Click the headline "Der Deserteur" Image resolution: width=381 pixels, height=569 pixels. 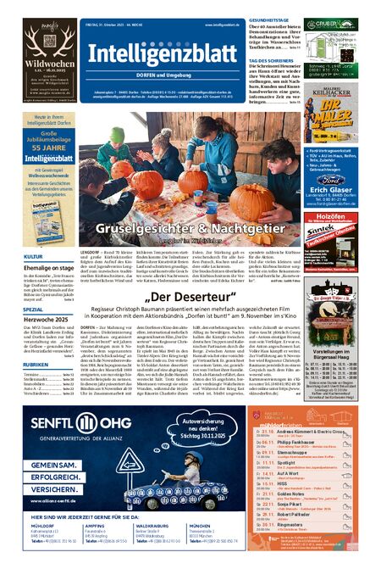[x=190, y=298]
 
